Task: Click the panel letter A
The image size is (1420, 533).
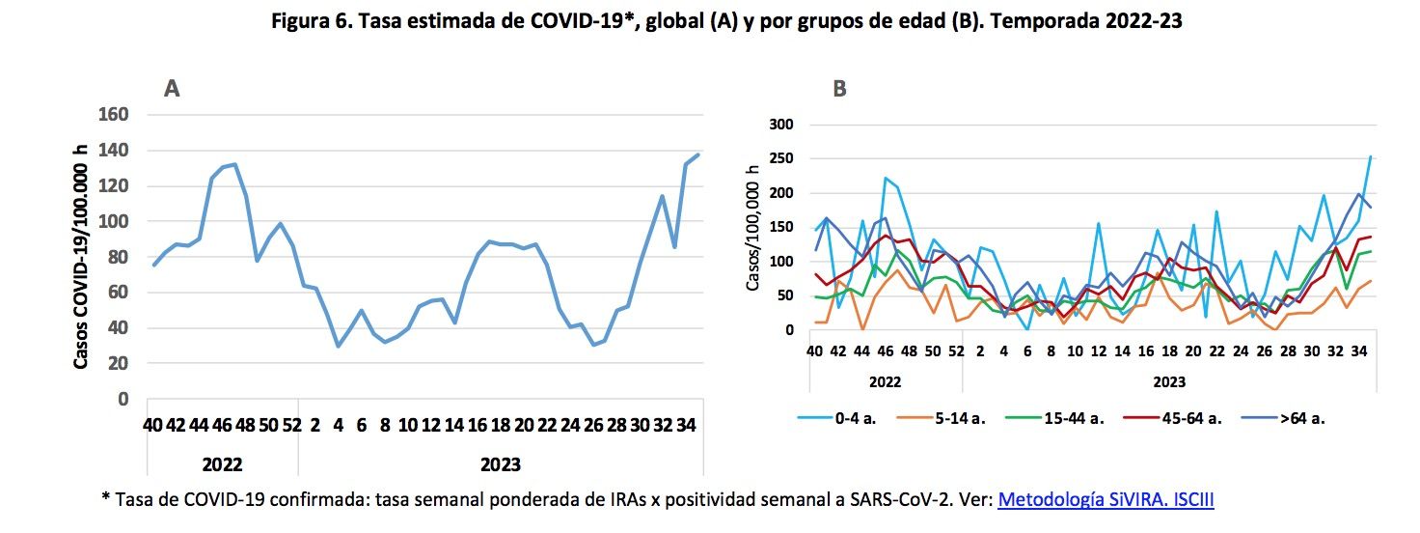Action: pos(173,89)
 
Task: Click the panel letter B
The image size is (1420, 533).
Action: pos(839,89)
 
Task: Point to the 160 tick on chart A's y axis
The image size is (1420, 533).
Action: pos(115,115)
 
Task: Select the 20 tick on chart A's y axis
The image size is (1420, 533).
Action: pos(120,363)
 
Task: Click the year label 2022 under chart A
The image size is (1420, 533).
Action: pos(222,464)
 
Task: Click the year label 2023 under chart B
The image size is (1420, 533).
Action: pos(1169,381)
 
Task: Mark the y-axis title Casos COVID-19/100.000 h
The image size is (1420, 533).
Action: pos(81,257)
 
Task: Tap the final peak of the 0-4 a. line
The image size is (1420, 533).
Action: pos(1370,156)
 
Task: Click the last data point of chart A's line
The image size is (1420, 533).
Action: pos(697,154)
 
